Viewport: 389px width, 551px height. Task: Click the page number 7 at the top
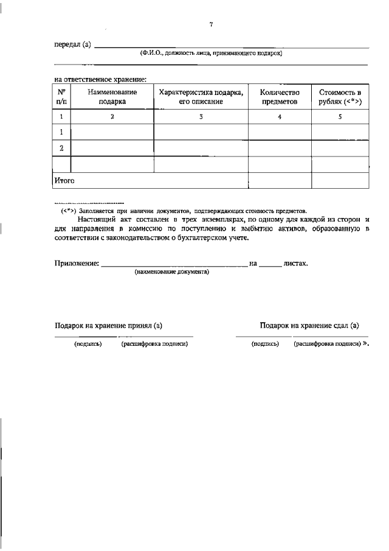(x=211, y=24)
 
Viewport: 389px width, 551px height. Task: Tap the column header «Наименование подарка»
(x=112, y=97)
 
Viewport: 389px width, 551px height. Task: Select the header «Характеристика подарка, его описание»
(x=201, y=97)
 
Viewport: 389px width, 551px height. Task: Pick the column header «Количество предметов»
(x=280, y=97)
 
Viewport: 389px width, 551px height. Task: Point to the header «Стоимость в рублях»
(x=340, y=97)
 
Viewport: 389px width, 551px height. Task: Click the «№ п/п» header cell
(x=62, y=97)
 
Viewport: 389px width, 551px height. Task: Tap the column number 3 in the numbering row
(x=201, y=116)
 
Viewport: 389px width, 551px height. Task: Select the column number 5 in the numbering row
(x=340, y=116)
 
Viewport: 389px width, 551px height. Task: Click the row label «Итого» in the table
(x=64, y=181)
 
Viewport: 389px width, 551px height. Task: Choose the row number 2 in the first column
(x=62, y=148)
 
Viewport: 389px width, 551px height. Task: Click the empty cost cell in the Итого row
(x=340, y=181)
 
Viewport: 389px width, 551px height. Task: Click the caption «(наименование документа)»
(x=172, y=272)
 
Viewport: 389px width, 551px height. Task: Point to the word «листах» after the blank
(x=296, y=264)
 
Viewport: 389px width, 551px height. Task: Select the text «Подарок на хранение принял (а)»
(x=108, y=326)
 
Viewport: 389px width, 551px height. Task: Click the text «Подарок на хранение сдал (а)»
(x=309, y=326)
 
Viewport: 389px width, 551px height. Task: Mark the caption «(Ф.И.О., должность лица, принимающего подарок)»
(x=211, y=54)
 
